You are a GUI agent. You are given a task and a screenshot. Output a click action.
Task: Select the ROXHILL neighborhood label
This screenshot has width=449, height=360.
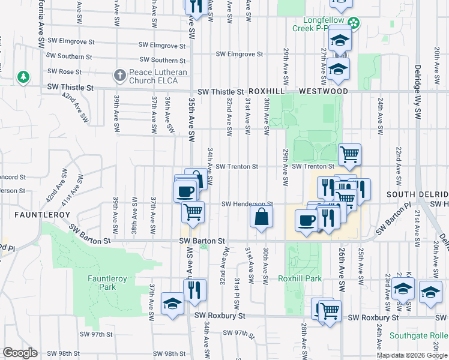[265, 91]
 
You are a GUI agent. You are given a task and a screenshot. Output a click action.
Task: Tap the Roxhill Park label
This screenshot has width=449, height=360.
[300, 278]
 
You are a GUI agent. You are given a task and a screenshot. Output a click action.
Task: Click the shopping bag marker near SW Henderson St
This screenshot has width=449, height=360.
[262, 217]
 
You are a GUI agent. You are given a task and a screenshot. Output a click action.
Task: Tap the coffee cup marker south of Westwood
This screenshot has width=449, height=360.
[306, 220]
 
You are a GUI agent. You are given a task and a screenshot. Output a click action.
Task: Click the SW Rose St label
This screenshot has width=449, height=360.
[70, 72]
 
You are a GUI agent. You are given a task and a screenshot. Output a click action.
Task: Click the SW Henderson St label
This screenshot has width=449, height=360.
[247, 204]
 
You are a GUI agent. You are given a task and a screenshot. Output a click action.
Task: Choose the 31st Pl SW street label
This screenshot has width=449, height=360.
[238, 290]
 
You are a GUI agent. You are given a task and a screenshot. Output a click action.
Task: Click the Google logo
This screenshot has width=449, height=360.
[20, 353]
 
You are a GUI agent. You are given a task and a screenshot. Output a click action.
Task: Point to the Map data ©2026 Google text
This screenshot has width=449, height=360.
[412, 355]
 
